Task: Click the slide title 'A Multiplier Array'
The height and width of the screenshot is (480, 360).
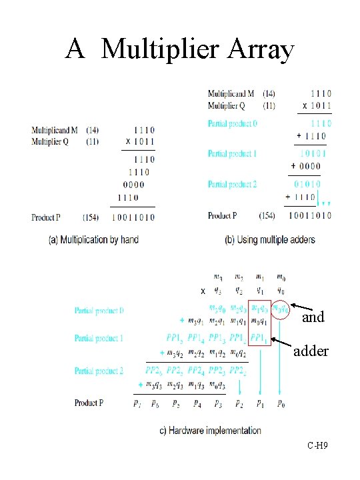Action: pyautogui.click(x=180, y=49)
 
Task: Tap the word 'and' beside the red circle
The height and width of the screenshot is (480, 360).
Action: pyautogui.click(x=313, y=317)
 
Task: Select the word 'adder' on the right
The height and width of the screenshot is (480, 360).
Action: pyautogui.click(x=311, y=351)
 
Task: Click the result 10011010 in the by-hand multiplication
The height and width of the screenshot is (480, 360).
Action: pyautogui.click(x=133, y=217)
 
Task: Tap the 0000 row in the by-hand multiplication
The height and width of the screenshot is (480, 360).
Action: pyautogui.click(x=133, y=185)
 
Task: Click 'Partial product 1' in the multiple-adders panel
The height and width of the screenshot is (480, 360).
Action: pyautogui.click(x=232, y=154)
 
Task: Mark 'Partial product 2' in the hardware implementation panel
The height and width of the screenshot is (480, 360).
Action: pyautogui.click(x=99, y=371)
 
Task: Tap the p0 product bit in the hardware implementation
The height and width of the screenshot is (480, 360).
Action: pyautogui.click(x=281, y=403)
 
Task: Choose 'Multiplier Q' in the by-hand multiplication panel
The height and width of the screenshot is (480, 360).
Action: pyautogui.click(x=51, y=142)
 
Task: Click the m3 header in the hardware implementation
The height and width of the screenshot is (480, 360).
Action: pyautogui.click(x=218, y=277)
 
